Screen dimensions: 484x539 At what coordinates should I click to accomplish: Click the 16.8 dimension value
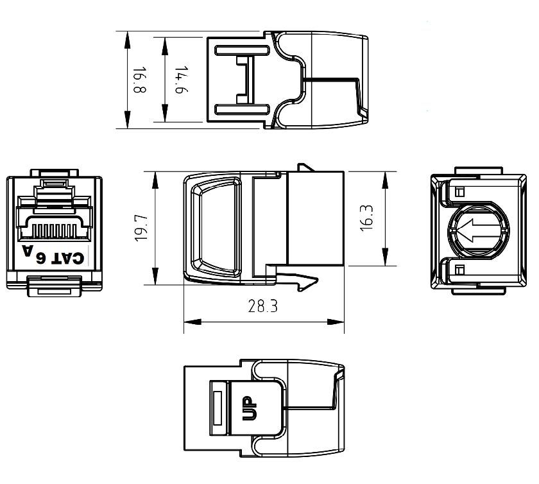tap(139, 80)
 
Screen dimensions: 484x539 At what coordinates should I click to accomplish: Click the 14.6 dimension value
tap(180, 80)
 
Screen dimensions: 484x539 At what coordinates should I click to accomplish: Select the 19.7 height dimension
tap(142, 228)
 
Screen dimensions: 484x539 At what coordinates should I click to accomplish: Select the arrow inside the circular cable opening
tap(472, 229)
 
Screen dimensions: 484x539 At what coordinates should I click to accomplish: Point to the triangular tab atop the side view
tap(305, 168)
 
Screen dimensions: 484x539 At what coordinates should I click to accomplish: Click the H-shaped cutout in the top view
tap(243, 80)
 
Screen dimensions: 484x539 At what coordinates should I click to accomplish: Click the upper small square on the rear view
tap(459, 191)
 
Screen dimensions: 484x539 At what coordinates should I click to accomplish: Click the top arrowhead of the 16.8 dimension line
tap(128, 37)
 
